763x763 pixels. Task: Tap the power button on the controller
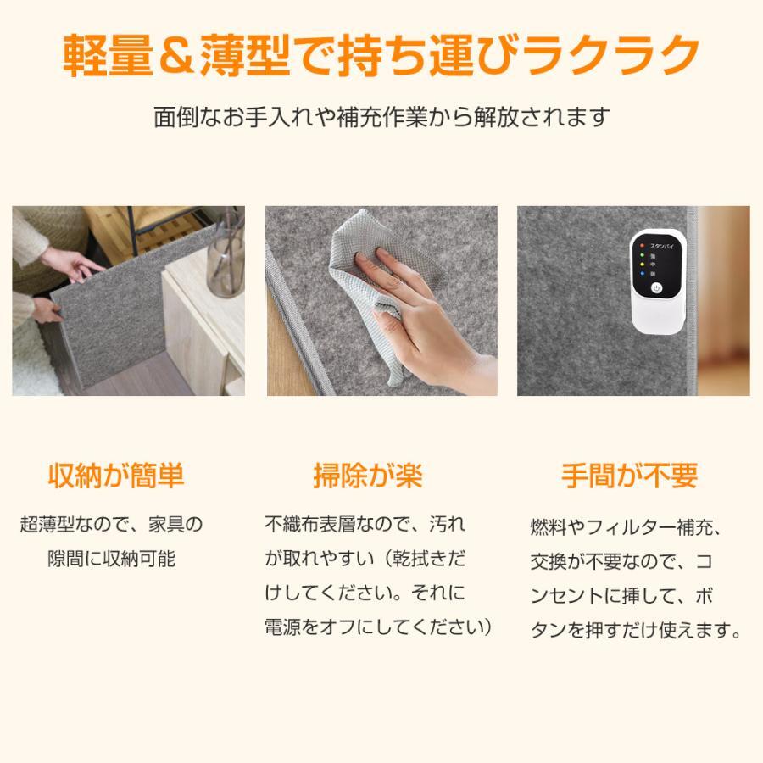[x=656, y=288]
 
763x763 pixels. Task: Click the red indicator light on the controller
[x=642, y=246]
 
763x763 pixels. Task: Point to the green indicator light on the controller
[x=642, y=255]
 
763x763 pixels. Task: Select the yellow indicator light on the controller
[x=642, y=265]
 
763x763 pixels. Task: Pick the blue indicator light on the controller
[x=642, y=274]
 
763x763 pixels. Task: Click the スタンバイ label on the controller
[x=661, y=246]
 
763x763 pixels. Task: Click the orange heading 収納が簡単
[x=116, y=476]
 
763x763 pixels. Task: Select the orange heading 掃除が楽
[x=368, y=476]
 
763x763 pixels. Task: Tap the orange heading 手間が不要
[x=629, y=476]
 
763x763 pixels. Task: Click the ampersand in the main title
[x=175, y=54]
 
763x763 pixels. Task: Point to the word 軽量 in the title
[x=108, y=54]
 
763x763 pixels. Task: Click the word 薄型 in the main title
[x=245, y=54]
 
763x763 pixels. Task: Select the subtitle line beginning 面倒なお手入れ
[x=381, y=117]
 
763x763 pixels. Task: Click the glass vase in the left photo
[x=226, y=258]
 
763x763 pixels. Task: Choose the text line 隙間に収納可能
[x=111, y=559]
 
